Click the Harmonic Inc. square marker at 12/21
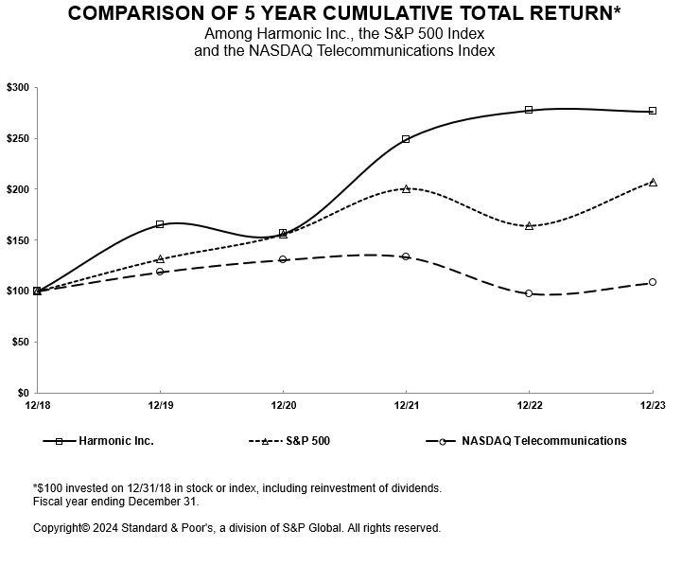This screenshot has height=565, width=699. point(406,139)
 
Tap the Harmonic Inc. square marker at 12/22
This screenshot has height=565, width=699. point(529,110)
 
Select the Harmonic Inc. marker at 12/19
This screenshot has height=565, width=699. point(160,224)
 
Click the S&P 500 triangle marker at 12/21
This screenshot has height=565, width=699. point(406,188)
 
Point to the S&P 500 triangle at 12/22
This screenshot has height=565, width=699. point(529,225)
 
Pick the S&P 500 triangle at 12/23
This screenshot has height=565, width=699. point(653,182)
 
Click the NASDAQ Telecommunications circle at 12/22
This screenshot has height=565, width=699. point(529,293)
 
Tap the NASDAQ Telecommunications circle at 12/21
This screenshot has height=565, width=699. point(406,256)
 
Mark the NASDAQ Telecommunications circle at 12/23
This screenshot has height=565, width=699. point(653,282)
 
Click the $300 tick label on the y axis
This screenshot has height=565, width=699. point(18,87)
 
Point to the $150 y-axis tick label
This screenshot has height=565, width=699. point(18,239)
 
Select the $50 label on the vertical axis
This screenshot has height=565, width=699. point(21,342)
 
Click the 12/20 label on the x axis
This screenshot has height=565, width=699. point(283,405)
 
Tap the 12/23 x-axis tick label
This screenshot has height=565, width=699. point(653,405)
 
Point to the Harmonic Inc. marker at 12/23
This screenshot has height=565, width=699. point(653,111)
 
